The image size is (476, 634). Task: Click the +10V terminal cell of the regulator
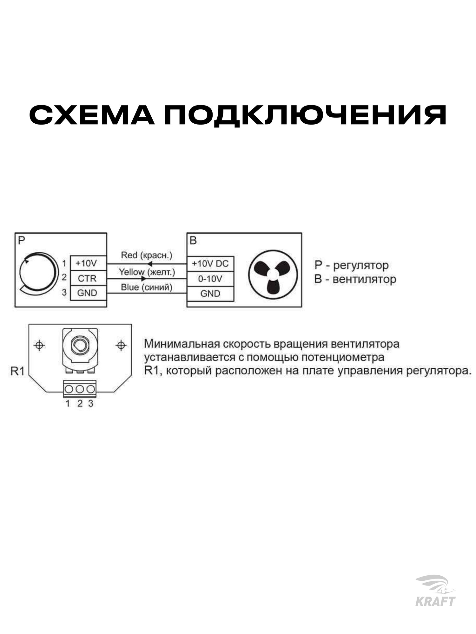point(87,263)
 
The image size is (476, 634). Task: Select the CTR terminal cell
point(87,278)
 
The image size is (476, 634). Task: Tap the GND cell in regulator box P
point(87,293)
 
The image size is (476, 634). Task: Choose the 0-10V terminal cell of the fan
point(210,279)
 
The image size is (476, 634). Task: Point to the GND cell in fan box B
point(210,294)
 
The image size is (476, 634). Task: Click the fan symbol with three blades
point(273,274)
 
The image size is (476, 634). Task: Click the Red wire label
point(147,255)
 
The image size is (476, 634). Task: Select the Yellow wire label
point(147,272)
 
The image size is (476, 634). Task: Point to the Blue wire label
point(147,287)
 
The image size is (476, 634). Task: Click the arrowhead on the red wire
point(150,264)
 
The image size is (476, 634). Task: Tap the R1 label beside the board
point(17,371)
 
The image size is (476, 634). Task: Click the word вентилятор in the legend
point(365,279)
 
